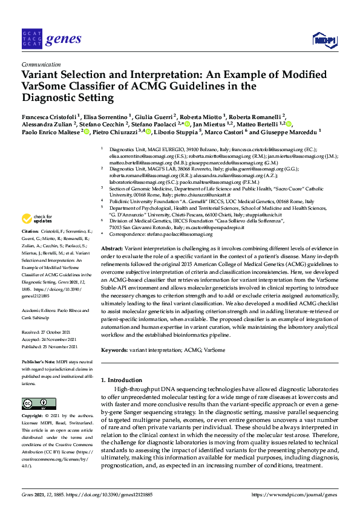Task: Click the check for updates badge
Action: pyautogui.click(x=37, y=219)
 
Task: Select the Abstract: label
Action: pyautogui.click(x=113, y=248)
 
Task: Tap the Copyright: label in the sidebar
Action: pyautogui.click(x=32, y=417)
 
